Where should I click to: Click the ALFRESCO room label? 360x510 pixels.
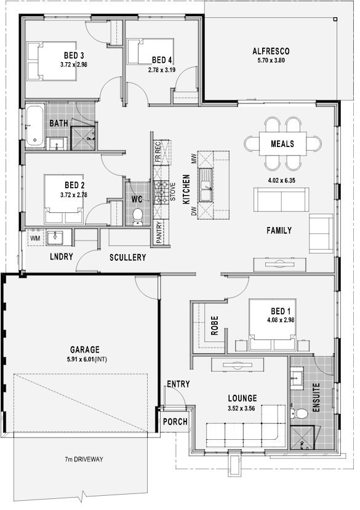pos(271,51)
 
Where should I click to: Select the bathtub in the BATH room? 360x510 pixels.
pos(35,126)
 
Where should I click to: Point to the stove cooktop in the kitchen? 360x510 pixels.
pos(161,192)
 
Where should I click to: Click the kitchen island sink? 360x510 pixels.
pos(206,185)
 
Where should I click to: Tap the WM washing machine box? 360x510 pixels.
pos(35,239)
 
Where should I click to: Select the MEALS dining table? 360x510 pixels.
pos(282,143)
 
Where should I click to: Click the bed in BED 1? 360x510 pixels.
pos(273,325)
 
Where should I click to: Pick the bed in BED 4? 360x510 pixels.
pos(150,52)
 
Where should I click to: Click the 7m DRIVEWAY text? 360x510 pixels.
pos(84,460)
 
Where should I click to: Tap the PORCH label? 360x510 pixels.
pos(175,421)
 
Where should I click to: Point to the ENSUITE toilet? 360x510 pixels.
pos(299,414)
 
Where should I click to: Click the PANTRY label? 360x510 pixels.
pos(159,232)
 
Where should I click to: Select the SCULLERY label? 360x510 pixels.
pos(127,258)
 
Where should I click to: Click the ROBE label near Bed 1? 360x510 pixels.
pos(215,325)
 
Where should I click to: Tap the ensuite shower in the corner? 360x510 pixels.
pos(303,438)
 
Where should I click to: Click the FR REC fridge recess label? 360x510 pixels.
pos(158,152)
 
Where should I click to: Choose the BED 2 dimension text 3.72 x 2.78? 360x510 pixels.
pos(74,195)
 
